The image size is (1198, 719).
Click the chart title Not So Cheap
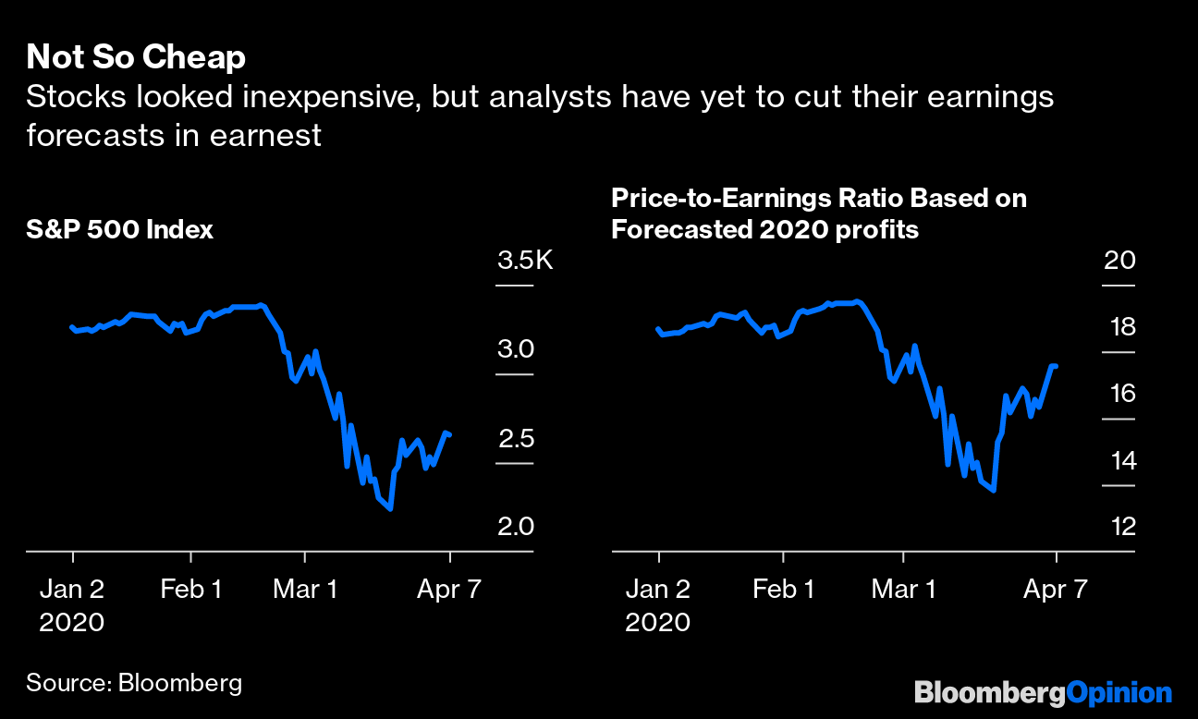(x=136, y=57)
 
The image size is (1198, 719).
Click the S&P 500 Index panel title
(x=119, y=229)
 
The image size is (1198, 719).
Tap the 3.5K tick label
(x=524, y=261)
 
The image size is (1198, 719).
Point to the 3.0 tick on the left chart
(x=516, y=349)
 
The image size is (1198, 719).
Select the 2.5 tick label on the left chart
(x=516, y=438)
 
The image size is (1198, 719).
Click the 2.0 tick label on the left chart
(x=516, y=527)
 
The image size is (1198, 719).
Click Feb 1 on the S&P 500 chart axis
(x=191, y=589)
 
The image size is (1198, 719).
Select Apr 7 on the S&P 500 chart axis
(x=450, y=589)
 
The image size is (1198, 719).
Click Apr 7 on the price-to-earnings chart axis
(x=1056, y=589)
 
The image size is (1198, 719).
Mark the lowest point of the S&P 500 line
(x=391, y=508)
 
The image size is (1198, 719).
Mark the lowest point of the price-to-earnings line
(x=993, y=490)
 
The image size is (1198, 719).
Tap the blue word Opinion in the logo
(x=1119, y=692)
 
